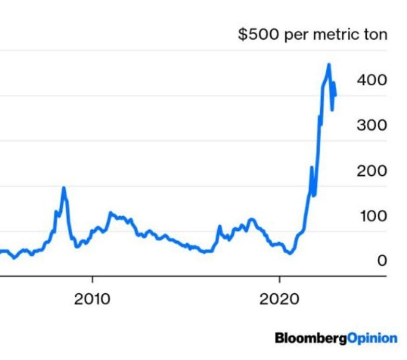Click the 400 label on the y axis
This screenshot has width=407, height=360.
[371, 80]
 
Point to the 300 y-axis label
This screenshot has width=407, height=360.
[371, 126]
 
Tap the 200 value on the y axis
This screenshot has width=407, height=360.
[371, 171]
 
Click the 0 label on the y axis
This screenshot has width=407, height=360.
[382, 261]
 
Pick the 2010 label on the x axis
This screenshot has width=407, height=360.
[93, 299]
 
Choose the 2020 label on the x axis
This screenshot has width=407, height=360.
[279, 299]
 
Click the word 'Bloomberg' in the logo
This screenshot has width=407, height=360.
[310, 338]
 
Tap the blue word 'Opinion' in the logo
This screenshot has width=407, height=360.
[372, 338]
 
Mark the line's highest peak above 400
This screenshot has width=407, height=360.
[329, 64]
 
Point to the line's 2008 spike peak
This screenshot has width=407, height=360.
[64, 188]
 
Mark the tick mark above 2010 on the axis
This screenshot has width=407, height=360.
[93, 280]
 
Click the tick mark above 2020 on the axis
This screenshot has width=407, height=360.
[280, 280]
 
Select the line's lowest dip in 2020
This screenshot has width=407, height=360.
[290, 253]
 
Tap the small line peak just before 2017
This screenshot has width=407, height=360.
[219, 227]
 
